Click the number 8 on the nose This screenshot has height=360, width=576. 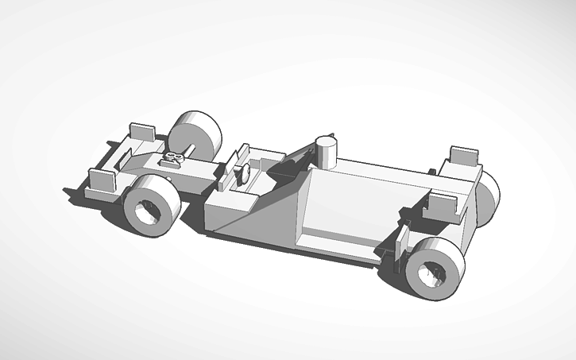click(x=176, y=158)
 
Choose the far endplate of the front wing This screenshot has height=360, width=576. click(x=143, y=130)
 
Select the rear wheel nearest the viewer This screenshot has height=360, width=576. click(x=433, y=266)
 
